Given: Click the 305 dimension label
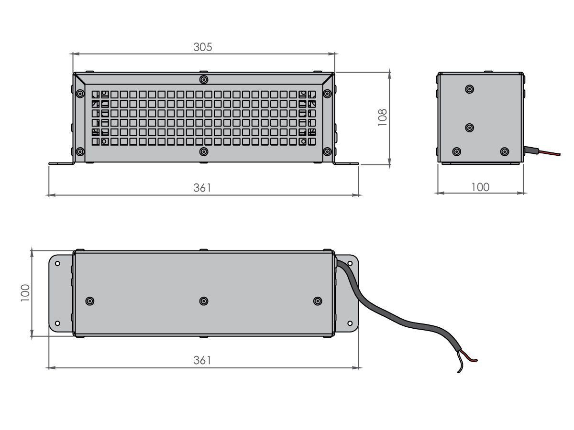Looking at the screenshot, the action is [x=203, y=47].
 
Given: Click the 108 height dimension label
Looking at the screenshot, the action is [x=383, y=117].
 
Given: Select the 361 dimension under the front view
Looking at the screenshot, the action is [x=202, y=188].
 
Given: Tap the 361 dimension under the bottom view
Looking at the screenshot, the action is [x=202, y=360].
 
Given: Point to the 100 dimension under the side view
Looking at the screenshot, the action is [x=480, y=187].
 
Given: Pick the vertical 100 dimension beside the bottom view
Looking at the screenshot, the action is [x=25, y=293].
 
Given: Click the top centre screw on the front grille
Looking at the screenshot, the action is [x=204, y=79].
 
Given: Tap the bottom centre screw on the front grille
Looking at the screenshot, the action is [x=204, y=151].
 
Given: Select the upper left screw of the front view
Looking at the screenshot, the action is [x=80, y=94].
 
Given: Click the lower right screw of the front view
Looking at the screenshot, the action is [x=327, y=151].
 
